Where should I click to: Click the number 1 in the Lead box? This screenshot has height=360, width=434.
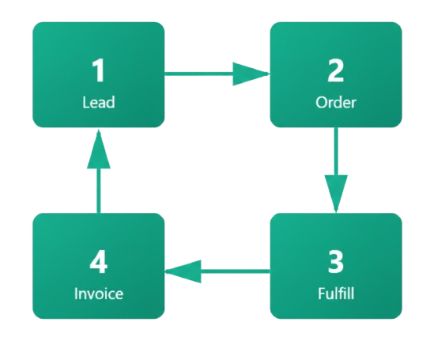pos(98,71)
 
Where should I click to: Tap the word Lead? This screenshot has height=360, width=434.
pos(98,102)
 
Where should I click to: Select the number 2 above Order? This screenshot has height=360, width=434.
pos(336,71)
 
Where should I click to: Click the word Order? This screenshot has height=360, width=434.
pos(336,102)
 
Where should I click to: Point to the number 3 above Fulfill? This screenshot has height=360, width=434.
pos(336,262)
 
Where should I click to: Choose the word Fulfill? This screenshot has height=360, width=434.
pos(336,294)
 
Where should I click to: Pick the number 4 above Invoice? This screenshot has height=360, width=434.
pos(98,262)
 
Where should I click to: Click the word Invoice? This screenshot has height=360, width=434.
pos(98,294)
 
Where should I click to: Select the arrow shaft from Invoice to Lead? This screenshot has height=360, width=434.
pos(98,191)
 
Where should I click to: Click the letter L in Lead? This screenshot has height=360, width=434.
pos(85,102)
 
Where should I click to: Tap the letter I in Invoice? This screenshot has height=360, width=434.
pos(76,294)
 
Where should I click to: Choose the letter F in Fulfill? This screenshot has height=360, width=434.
pos(319,294)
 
